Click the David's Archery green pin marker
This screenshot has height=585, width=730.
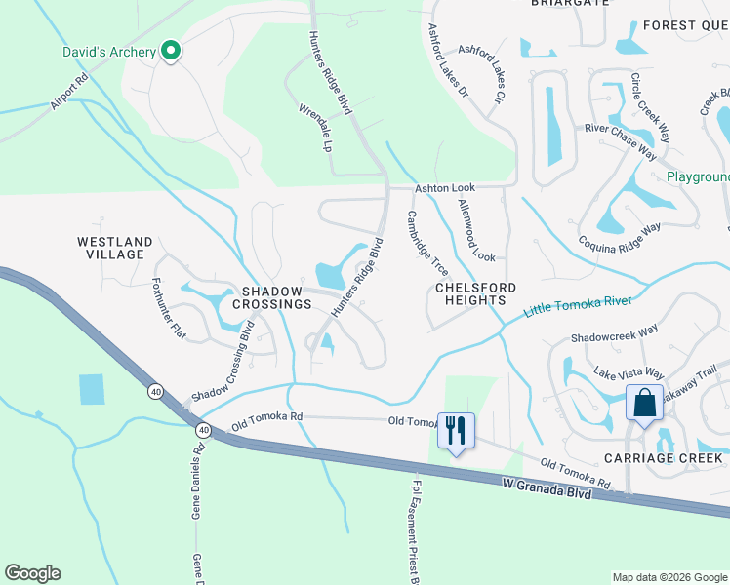172,51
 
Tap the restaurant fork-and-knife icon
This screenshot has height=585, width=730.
456,430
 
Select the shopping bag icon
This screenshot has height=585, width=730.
645,404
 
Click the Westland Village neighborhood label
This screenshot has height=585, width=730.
115,248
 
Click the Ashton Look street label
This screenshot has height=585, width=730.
444,187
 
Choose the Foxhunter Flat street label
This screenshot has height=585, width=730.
169,309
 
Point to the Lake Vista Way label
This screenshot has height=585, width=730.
629,373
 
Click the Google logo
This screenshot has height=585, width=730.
32,573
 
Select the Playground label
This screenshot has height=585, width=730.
698,177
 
